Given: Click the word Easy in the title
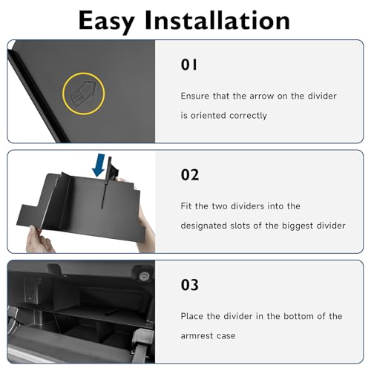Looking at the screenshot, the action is pyautogui.click(x=107, y=22).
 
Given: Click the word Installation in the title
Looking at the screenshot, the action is pyautogui.click(x=217, y=20).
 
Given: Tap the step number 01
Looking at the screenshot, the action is pyautogui.click(x=189, y=65).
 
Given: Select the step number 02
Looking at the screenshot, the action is pyautogui.click(x=190, y=174).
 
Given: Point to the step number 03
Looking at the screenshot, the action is pyautogui.click(x=190, y=285).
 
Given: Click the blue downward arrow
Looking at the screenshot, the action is pyautogui.click(x=99, y=165).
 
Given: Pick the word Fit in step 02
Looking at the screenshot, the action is pyautogui.click(x=186, y=206).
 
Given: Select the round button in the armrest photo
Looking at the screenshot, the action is pyautogui.click(x=144, y=276).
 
